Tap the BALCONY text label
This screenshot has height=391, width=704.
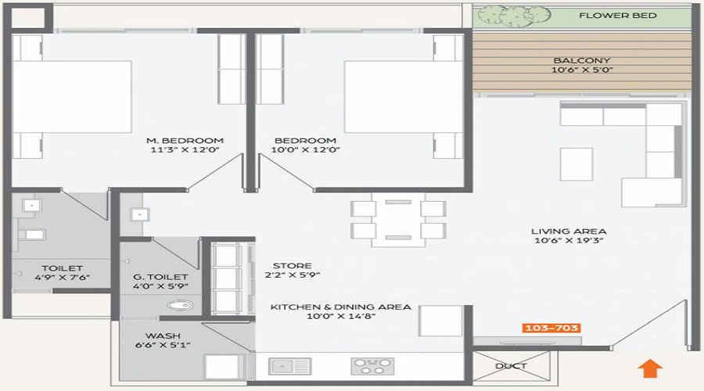coord(581,61)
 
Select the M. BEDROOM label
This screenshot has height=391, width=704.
coord(185,141)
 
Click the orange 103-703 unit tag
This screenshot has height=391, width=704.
coord(553,328)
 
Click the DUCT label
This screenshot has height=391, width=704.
coord(511,366)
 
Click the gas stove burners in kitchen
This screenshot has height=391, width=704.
coord(373,365)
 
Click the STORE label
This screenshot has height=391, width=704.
coord(292,266)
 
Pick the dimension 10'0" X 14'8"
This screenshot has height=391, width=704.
coord(339,318)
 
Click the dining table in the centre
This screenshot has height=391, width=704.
coord(398,221)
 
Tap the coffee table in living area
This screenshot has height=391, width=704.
coord(576,163)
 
